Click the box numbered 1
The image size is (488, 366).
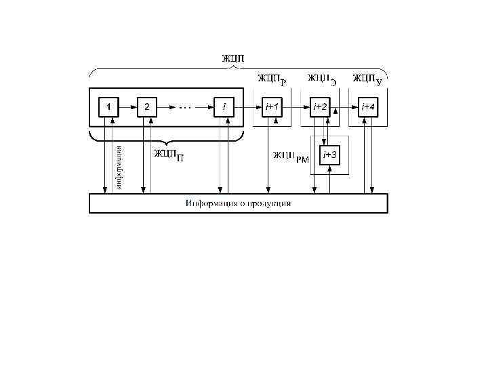[x=108, y=107]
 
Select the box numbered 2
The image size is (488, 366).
[x=147, y=107]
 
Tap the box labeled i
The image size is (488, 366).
[x=224, y=107]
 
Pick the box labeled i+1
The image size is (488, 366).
[x=272, y=107]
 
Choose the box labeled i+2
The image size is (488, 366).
[x=320, y=107]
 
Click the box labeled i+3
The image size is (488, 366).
[x=330, y=155]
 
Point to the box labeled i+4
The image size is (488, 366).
[x=368, y=107]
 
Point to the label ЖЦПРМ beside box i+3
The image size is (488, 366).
[x=291, y=157]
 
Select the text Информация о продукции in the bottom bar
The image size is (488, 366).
[x=239, y=203]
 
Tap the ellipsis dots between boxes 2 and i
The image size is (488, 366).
[x=186, y=107]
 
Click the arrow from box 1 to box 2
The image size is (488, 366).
[x=127, y=107]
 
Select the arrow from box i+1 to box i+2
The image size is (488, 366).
[x=296, y=107]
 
